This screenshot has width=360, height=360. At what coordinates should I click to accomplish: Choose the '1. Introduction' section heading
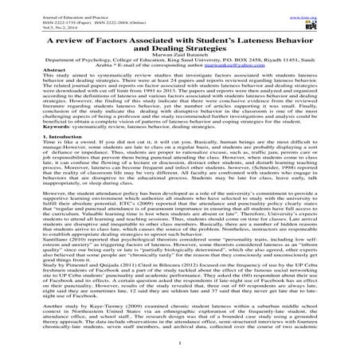(33, 162)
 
